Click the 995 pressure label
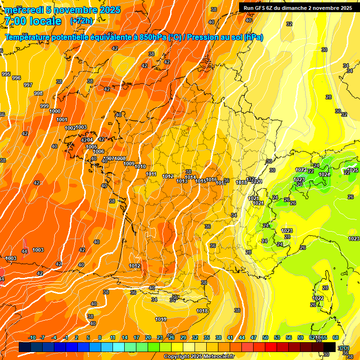pos(6,74)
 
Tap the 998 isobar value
pos(38,93)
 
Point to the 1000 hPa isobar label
pos(55,111)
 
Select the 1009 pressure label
pos(129,164)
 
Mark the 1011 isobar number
pos(151,174)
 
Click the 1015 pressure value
pos(201,181)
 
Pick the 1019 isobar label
pos(161,319)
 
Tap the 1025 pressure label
pos(353,170)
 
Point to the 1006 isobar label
pos(98,151)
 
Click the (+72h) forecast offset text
pos(81,21)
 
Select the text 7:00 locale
pos(33,21)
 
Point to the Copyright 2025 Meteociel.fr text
pos(199,357)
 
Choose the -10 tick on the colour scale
pos(32,337)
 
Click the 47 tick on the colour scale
pos(254,337)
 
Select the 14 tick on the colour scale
pos(125,337)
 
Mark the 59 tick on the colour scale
pos(300,337)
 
